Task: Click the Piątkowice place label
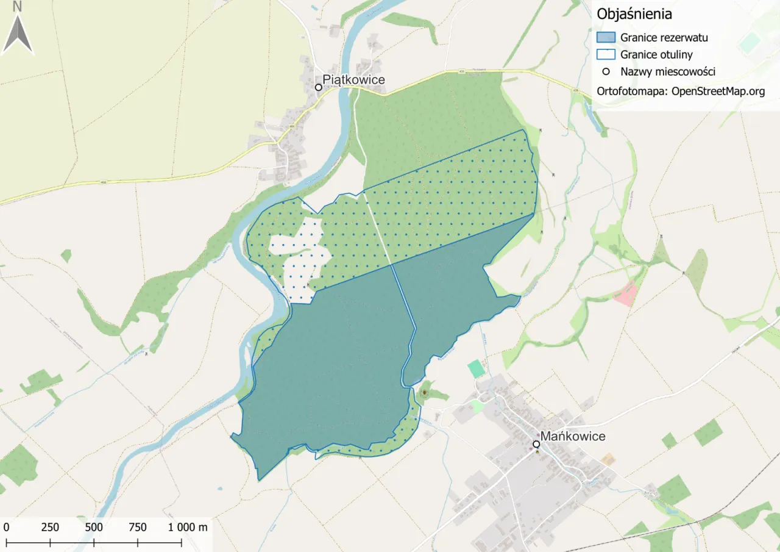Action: click(x=354, y=80)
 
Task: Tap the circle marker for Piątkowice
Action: click(x=318, y=87)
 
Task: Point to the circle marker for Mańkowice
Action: click(x=536, y=444)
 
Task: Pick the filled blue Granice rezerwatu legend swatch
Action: click(x=606, y=37)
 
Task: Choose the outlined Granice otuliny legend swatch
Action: click(x=606, y=54)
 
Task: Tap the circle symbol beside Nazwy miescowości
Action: click(x=606, y=71)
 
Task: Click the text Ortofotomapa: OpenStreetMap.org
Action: click(x=681, y=91)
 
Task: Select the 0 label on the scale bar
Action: click(x=6, y=527)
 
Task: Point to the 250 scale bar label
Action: click(x=50, y=527)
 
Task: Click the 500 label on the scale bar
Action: click(x=94, y=527)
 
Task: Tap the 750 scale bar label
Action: click(x=138, y=527)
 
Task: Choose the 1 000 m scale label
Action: click(x=188, y=527)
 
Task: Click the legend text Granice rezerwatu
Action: click(x=664, y=37)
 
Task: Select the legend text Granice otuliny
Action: click(x=656, y=54)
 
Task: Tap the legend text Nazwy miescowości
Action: click(x=667, y=71)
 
